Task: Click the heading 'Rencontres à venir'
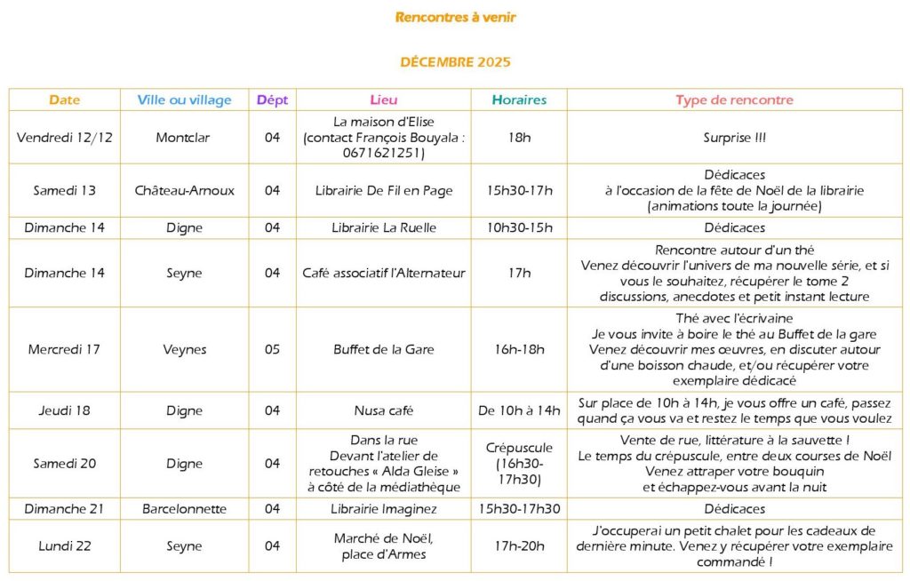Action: (x=455, y=17)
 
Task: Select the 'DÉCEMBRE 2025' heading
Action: (x=455, y=62)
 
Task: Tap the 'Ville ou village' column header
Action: (x=184, y=100)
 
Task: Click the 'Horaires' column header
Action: (x=519, y=100)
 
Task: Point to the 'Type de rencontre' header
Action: (x=734, y=100)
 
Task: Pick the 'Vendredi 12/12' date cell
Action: (x=65, y=137)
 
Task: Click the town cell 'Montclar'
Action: (x=184, y=137)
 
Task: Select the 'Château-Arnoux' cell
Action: (x=184, y=190)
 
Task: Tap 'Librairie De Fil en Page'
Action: (x=384, y=190)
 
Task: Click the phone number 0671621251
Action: (x=384, y=153)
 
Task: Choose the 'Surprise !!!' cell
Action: (x=734, y=137)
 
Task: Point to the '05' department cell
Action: (x=272, y=349)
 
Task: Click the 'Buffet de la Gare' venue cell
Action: (x=384, y=349)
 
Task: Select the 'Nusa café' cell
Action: (x=384, y=410)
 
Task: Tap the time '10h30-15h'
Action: (x=519, y=227)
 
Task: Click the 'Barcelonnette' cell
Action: (x=184, y=509)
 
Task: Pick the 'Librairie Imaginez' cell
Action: (x=384, y=509)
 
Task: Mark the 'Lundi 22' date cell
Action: (x=65, y=546)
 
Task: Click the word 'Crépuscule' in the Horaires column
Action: (x=519, y=448)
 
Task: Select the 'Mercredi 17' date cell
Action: (x=65, y=349)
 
